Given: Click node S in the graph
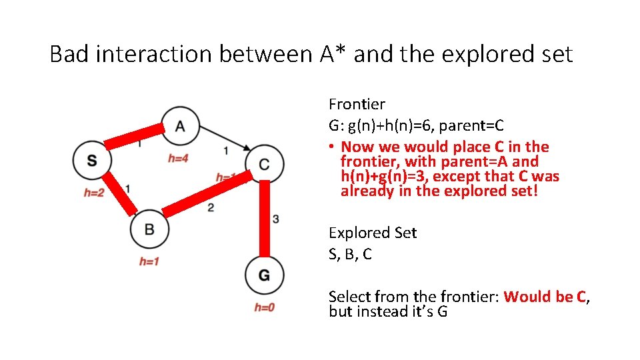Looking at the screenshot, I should (x=92, y=160).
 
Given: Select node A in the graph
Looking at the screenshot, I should (x=180, y=125).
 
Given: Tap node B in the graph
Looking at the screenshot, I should (x=149, y=229).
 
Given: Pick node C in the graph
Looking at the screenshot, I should (x=265, y=163).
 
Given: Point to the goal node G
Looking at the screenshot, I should (x=265, y=275).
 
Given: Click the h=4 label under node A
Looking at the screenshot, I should (x=178, y=159).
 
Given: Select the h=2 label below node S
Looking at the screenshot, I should (x=94, y=193).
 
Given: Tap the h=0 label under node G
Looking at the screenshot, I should (x=265, y=307).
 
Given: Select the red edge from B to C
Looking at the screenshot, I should (x=207, y=194).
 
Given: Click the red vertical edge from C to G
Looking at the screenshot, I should (x=265, y=218).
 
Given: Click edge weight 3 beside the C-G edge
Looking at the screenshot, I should (x=276, y=219).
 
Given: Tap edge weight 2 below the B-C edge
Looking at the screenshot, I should (x=211, y=208).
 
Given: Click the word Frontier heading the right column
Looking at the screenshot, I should (x=357, y=104).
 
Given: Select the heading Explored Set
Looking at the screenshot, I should (x=372, y=233).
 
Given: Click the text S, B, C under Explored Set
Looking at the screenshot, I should (x=350, y=254).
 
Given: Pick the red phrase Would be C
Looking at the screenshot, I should (x=545, y=297).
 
